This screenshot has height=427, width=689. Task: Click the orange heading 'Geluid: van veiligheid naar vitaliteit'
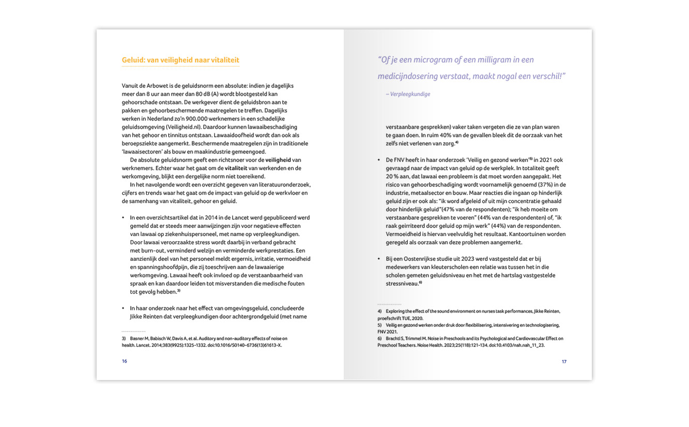[180, 60]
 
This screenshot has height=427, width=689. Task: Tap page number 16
[125, 361]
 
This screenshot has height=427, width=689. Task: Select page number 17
[564, 361]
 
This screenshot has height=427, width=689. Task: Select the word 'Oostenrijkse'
[425, 259]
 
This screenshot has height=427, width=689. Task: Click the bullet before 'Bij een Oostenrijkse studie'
[379, 259]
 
